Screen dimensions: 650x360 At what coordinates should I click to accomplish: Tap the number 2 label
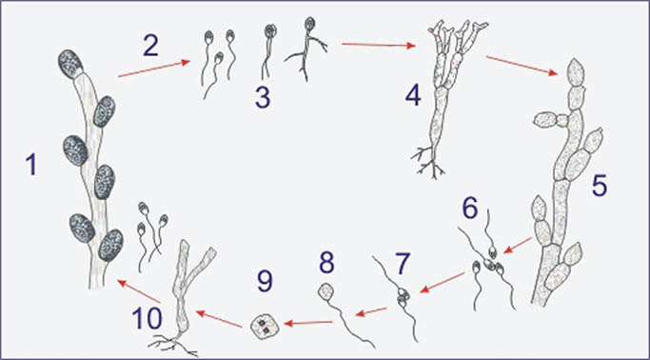click(x=151, y=45)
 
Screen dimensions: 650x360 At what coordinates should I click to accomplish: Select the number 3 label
click(x=263, y=97)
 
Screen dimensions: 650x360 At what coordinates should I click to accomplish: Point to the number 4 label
click(x=413, y=96)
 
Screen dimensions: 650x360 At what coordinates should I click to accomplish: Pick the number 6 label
click(x=469, y=209)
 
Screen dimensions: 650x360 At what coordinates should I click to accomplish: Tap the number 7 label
click(x=401, y=264)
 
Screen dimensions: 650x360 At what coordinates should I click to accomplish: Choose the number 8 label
click(x=327, y=262)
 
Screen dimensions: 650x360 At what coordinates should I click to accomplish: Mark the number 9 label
click(x=264, y=282)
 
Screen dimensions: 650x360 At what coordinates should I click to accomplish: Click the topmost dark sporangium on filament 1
click(x=70, y=64)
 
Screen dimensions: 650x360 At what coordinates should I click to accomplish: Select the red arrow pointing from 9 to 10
click(x=219, y=319)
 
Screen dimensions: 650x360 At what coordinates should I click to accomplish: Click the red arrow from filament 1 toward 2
click(x=153, y=69)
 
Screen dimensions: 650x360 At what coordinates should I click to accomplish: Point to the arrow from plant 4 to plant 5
click(x=522, y=66)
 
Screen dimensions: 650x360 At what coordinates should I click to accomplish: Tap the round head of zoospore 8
click(x=325, y=291)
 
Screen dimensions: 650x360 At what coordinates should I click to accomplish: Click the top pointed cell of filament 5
click(x=576, y=72)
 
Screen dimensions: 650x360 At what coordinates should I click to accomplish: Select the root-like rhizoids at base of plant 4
click(x=428, y=163)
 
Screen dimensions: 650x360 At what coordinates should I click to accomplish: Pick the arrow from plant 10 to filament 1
click(x=139, y=291)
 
